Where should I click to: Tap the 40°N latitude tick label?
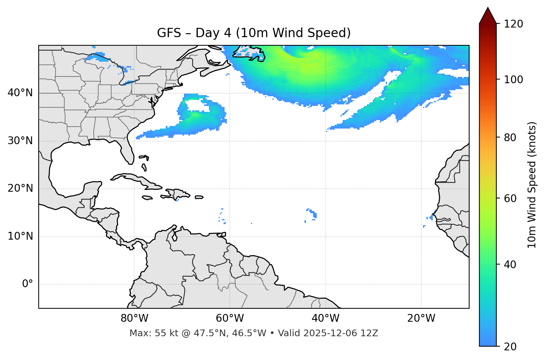20,93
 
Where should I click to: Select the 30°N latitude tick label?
20,141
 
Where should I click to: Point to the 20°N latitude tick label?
20,188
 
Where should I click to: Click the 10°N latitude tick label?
20,236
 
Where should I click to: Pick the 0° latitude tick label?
27,284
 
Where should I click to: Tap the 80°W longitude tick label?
134,318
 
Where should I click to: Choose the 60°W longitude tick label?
230,318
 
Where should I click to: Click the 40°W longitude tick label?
325,318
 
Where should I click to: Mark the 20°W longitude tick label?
421,318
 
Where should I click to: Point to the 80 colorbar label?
510,137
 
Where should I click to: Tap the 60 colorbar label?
510,198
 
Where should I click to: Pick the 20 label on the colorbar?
510,347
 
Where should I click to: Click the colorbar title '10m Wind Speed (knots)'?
532,185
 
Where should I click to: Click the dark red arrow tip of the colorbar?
488,15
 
